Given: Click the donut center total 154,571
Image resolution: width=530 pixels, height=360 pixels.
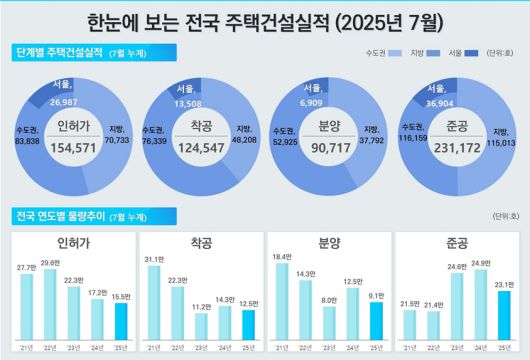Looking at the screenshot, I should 71,146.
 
